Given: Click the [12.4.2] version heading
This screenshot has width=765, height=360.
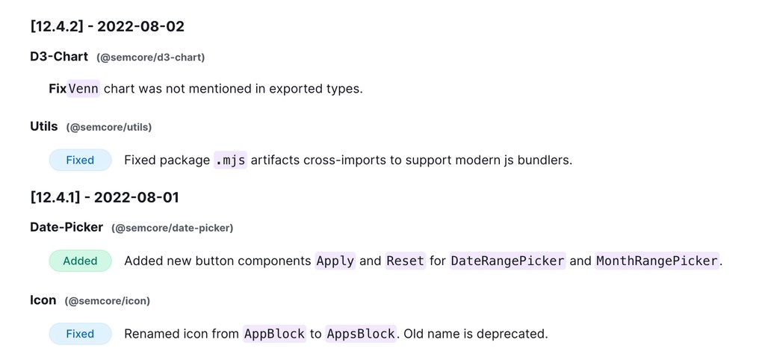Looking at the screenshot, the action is click(x=107, y=26).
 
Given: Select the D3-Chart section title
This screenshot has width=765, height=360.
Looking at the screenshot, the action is click(x=59, y=57).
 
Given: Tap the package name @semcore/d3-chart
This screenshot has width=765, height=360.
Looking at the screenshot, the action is click(x=150, y=58).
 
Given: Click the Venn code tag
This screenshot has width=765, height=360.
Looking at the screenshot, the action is click(x=84, y=89).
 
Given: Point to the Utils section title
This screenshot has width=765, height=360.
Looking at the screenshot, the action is click(x=44, y=126).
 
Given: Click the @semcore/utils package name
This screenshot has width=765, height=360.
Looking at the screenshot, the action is click(x=108, y=127).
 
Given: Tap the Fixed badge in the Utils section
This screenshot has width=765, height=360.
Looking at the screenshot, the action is click(x=80, y=160).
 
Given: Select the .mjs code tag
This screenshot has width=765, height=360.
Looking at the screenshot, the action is click(x=230, y=160).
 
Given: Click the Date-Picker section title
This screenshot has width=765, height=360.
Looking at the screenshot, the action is click(x=66, y=227).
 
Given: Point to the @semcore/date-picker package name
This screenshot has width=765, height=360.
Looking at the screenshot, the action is click(x=172, y=228).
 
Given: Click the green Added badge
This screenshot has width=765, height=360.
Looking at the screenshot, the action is click(x=80, y=261).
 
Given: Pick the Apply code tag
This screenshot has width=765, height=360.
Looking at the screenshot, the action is click(x=335, y=261).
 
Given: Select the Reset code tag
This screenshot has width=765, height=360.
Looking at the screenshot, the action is click(x=405, y=261).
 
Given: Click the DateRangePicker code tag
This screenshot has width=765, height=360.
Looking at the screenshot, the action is click(x=508, y=261).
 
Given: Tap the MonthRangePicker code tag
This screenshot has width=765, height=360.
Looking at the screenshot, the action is click(x=657, y=261).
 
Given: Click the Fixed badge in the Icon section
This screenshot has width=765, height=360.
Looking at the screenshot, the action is click(x=80, y=334).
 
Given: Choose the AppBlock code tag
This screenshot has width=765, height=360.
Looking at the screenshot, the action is click(x=274, y=334).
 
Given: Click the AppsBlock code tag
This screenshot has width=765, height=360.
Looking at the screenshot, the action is click(x=361, y=334).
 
